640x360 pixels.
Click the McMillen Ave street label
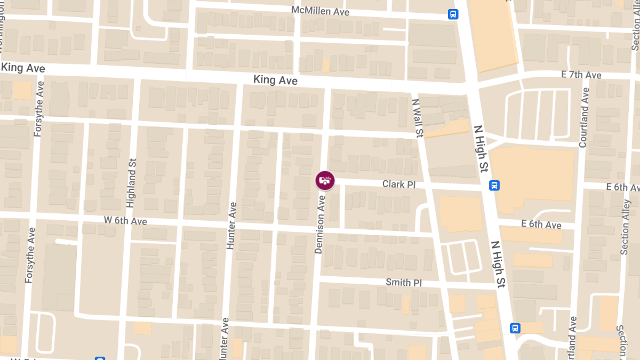[320, 11]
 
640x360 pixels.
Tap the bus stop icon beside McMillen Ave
[453, 14]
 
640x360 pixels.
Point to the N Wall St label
[417, 117]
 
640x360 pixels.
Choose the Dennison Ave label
[321, 224]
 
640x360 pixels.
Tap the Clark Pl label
[398, 185]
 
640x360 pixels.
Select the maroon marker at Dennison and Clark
[324, 180]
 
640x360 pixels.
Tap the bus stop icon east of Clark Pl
[494, 186]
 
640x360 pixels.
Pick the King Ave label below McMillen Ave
[275, 80]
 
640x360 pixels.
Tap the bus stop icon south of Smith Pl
[515, 328]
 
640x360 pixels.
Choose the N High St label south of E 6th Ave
[498, 265]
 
